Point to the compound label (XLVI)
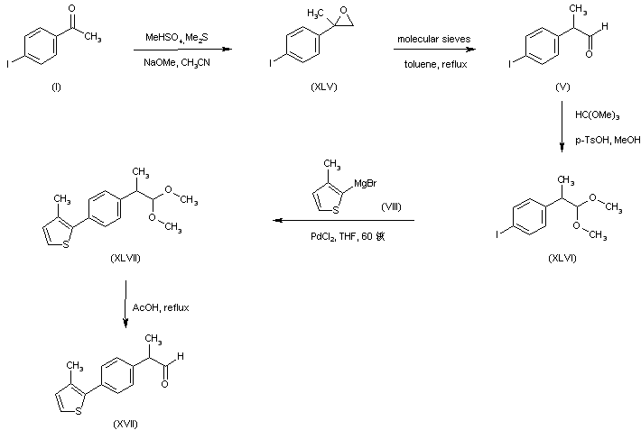tap(562, 258)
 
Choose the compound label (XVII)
tap(125, 421)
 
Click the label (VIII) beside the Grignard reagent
tap(391, 206)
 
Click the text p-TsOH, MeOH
tap(601, 140)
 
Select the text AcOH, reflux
tap(161, 307)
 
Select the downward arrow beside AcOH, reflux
tap(123, 307)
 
